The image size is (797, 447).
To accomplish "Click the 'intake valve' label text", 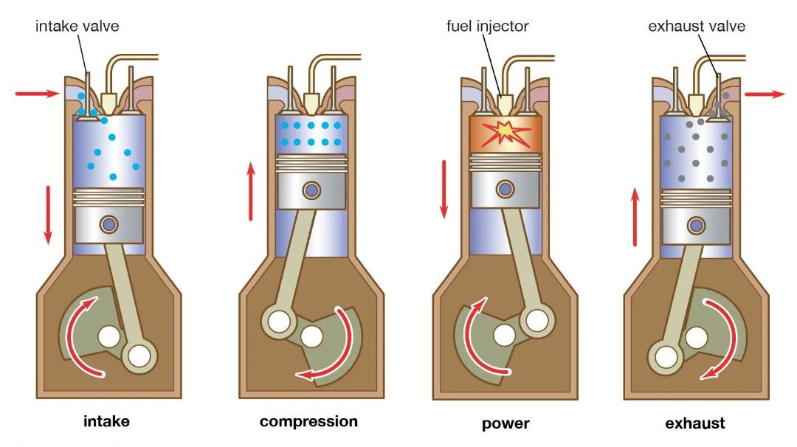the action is coord(77,26).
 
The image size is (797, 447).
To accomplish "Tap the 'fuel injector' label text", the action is coord(488,26).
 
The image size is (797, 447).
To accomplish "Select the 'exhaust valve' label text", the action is coord(697,26).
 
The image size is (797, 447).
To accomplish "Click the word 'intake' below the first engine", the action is coord(106,421).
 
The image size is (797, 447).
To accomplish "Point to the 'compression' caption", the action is coord(308,422).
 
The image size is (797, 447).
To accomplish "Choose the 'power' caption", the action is coord(506,423).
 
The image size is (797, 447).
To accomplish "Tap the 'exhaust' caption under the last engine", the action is coord(695,423).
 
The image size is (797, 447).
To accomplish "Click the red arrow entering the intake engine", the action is coord(38,93).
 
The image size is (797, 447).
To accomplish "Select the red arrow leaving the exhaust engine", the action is coord(765,94).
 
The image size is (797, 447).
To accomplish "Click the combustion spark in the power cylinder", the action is coord(506,133).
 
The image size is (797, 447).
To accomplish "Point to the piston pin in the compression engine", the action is coord(311,190).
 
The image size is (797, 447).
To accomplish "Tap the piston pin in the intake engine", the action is coord(108,224).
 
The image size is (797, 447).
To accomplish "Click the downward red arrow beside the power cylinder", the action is coord(444,189).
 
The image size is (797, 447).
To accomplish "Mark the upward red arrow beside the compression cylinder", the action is coord(251,192).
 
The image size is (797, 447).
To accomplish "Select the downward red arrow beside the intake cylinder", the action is coord(48,215).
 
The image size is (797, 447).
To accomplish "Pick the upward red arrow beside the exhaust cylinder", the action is coord(635,216).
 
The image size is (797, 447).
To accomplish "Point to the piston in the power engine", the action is coord(506,181).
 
